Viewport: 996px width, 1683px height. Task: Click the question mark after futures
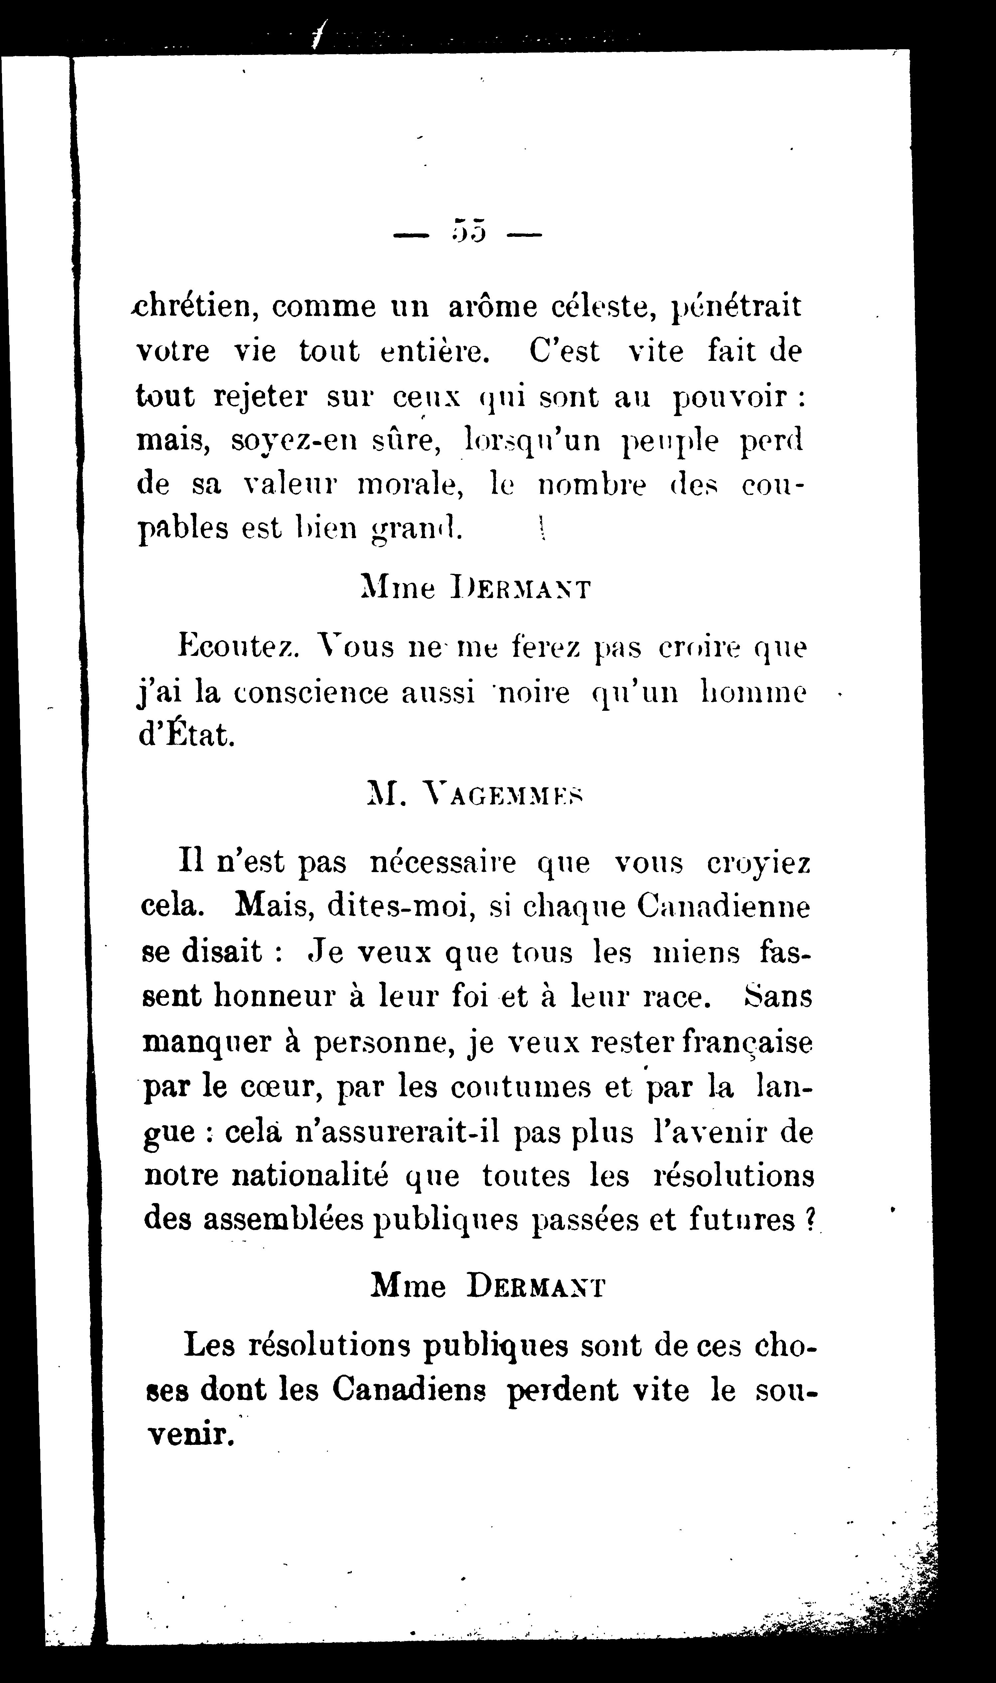(809, 1220)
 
